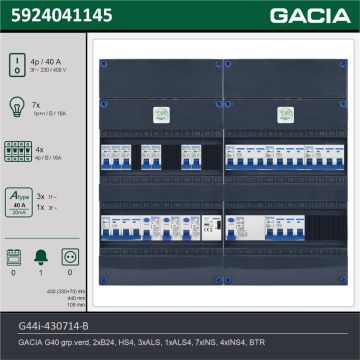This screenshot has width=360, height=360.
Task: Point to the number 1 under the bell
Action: click(x=42, y=272)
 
